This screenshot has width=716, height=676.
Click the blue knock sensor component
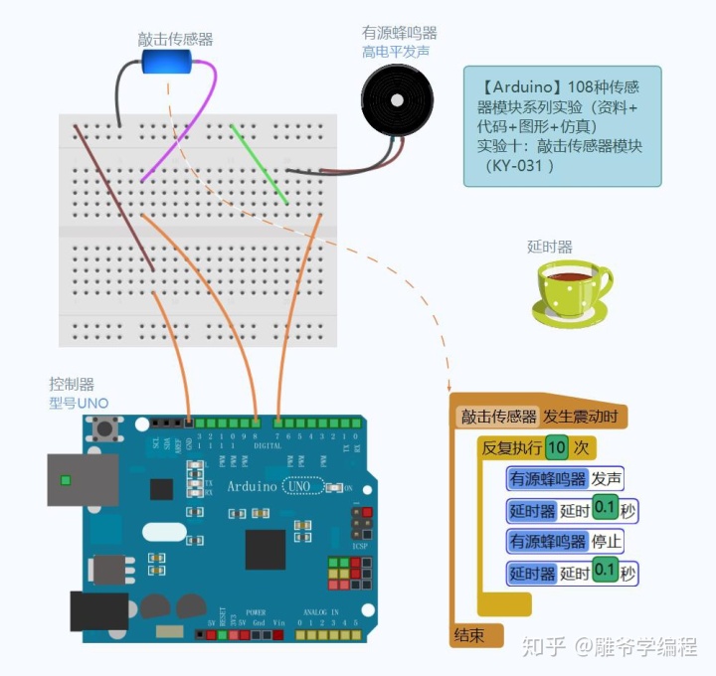click(166, 62)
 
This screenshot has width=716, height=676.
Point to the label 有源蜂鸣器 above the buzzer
click(399, 33)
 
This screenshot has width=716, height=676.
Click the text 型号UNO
click(80, 403)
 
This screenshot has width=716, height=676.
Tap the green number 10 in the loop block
click(557, 447)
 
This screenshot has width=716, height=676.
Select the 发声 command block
click(607, 479)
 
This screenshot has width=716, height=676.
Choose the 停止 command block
click(607, 541)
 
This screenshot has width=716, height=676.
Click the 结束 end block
click(470, 634)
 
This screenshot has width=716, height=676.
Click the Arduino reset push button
click(102, 429)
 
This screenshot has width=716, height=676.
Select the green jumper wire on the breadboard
click(260, 164)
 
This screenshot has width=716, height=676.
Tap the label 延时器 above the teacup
click(549, 247)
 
